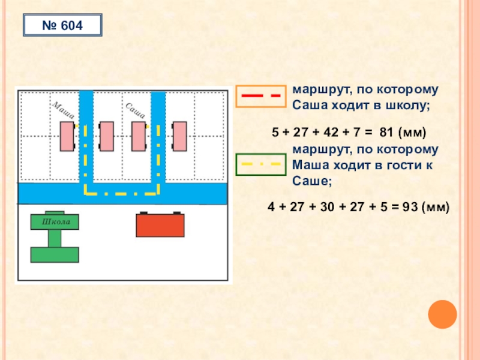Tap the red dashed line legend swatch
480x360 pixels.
coord(261,97)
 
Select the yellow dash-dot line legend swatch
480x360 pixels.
coord(261,163)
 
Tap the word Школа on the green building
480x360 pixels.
coord(55,223)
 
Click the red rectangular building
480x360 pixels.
coord(160,226)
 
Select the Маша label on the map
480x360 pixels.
coord(62,110)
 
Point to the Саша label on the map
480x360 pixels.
coord(136,110)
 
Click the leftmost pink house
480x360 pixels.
coord(67,136)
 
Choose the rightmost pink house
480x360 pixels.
coord(179,136)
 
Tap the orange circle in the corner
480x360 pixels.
coord(443,314)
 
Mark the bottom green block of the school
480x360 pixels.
coord(55,254)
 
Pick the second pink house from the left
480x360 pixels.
coord(106,136)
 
